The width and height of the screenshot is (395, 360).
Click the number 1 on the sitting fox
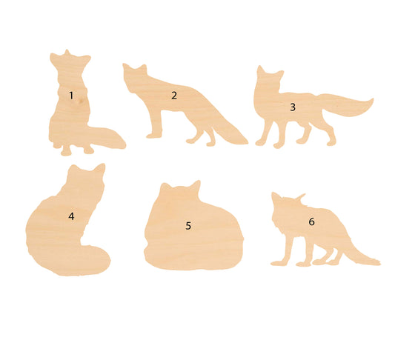pyautogui.click(x=71, y=95)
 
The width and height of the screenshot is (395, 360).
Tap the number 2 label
pyautogui.click(x=174, y=95)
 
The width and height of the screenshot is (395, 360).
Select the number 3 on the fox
pyautogui.click(x=293, y=107)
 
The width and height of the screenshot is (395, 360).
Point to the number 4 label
pyautogui.click(x=71, y=216)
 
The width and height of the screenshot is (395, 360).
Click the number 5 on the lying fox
pyautogui.click(x=188, y=225)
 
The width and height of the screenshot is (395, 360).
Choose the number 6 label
pyautogui.click(x=311, y=221)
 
